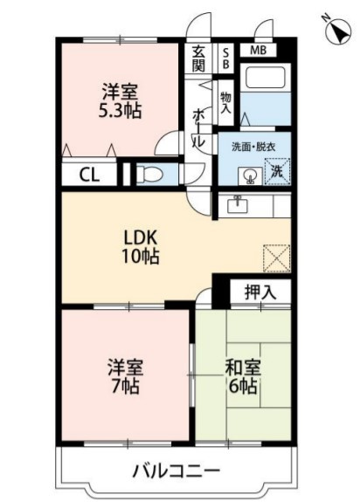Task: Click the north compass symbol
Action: click(x=337, y=31)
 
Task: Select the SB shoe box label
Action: click(x=225, y=58)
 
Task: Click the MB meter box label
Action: click(x=258, y=50)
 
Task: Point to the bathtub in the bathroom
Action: click(x=265, y=77)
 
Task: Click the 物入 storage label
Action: click(x=225, y=102)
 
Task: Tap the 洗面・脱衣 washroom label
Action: click(x=253, y=147)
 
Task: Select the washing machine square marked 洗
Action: click(x=277, y=172)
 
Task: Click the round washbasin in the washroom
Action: click(x=250, y=176)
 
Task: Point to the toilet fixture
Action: click(x=149, y=175)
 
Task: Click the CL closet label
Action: click(x=89, y=175)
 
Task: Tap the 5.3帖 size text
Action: click(x=120, y=111)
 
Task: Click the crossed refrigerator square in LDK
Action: click(x=277, y=258)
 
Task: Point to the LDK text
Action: click(x=141, y=237)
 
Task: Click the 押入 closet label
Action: click(x=260, y=292)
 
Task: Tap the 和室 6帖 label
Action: click(x=243, y=377)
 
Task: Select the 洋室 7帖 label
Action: click(x=125, y=377)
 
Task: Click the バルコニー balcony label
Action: click(x=177, y=471)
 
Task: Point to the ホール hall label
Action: click(x=198, y=128)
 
